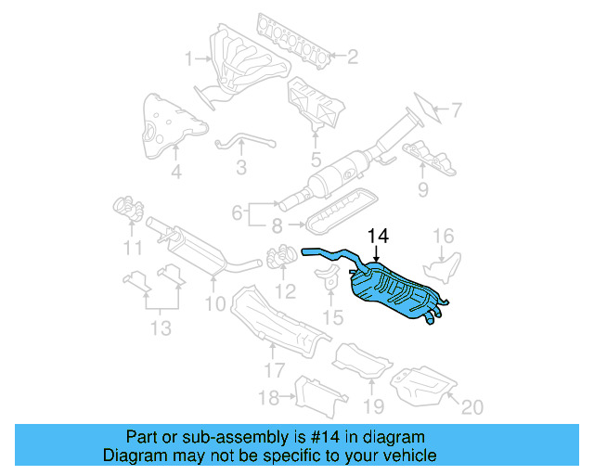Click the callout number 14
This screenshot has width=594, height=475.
click(375, 237)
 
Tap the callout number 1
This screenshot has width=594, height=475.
click(188, 59)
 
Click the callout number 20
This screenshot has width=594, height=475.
click(472, 405)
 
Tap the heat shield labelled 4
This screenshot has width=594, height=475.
click(167, 126)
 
